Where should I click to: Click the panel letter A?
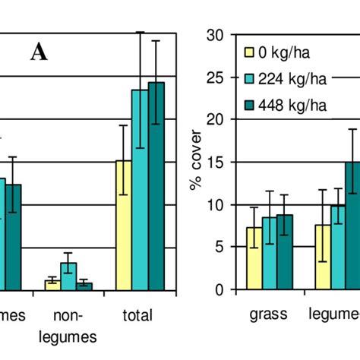39,53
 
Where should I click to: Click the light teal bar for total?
140,189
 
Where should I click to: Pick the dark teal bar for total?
156,185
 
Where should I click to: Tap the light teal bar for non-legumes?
68,276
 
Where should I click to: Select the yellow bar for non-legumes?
52,284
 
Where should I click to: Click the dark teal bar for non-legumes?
84,286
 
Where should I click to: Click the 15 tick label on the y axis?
217,163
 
